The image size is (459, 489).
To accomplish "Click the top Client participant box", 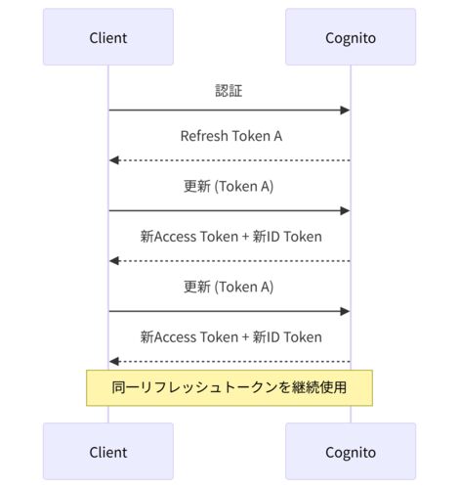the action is point(108,37).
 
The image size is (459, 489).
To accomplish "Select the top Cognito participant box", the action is point(351,37).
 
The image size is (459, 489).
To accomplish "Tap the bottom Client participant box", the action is point(108,451).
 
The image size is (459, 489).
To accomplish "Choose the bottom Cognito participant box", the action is point(351,451).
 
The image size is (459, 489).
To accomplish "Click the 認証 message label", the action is point(229,91).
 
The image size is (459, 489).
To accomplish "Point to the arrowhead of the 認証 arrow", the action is point(345,111).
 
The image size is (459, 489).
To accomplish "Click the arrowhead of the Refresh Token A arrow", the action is point(114,160).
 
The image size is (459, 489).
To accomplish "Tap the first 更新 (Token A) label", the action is point(229,187).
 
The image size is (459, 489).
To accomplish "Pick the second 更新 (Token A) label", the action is point(229,287).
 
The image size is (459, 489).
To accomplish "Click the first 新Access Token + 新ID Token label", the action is point(230,237).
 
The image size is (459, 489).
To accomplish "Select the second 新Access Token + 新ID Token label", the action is point(230,337).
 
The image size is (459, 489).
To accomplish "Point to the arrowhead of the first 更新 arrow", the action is point(345,210).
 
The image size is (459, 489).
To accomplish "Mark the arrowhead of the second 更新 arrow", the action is point(345,311).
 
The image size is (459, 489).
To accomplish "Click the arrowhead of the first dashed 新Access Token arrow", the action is point(114,261).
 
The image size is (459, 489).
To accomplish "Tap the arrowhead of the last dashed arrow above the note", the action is point(114,361).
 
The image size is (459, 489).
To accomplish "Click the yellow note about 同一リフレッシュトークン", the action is point(229,388).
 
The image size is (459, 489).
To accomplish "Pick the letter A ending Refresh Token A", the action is point(277,136).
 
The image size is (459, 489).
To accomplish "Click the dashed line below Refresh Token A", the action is point(229,160).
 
